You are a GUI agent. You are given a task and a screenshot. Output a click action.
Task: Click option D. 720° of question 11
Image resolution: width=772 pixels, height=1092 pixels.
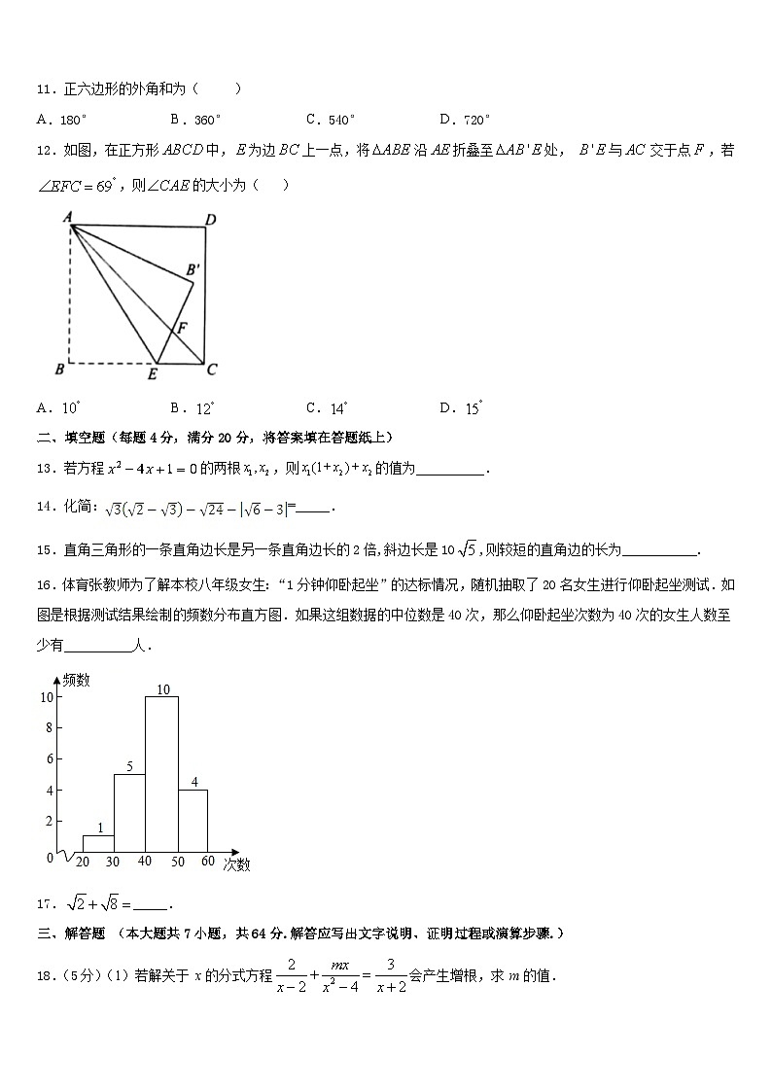[464, 120]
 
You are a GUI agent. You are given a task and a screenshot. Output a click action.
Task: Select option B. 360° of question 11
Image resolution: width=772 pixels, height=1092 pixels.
[194, 120]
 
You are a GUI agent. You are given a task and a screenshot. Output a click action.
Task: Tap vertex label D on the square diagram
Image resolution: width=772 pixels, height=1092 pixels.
[210, 219]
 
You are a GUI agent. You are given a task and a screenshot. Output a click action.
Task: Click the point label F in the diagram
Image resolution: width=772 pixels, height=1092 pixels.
[182, 328]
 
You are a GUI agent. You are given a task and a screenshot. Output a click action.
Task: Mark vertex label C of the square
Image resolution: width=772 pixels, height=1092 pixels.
[211, 370]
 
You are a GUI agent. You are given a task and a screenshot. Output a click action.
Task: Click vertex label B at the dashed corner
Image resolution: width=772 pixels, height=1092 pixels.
[59, 370]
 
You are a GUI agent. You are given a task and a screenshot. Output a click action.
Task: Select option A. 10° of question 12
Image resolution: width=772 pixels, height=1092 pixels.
[57, 408]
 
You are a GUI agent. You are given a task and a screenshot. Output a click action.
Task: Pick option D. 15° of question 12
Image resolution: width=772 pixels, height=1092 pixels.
[461, 408]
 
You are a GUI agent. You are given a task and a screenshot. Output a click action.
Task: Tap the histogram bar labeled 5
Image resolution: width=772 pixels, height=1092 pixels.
[129, 814]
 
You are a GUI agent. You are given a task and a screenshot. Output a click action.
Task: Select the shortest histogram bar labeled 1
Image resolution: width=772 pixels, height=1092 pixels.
[98, 844]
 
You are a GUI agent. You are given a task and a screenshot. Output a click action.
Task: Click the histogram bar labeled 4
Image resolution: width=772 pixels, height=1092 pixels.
[193, 822]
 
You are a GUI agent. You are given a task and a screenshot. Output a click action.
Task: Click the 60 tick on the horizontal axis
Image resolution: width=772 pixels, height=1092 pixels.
[207, 862]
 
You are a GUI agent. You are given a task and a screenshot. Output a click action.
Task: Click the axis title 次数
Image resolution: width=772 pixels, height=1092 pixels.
[235, 863]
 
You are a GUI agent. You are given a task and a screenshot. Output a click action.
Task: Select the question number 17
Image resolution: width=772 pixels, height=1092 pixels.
[44, 903]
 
